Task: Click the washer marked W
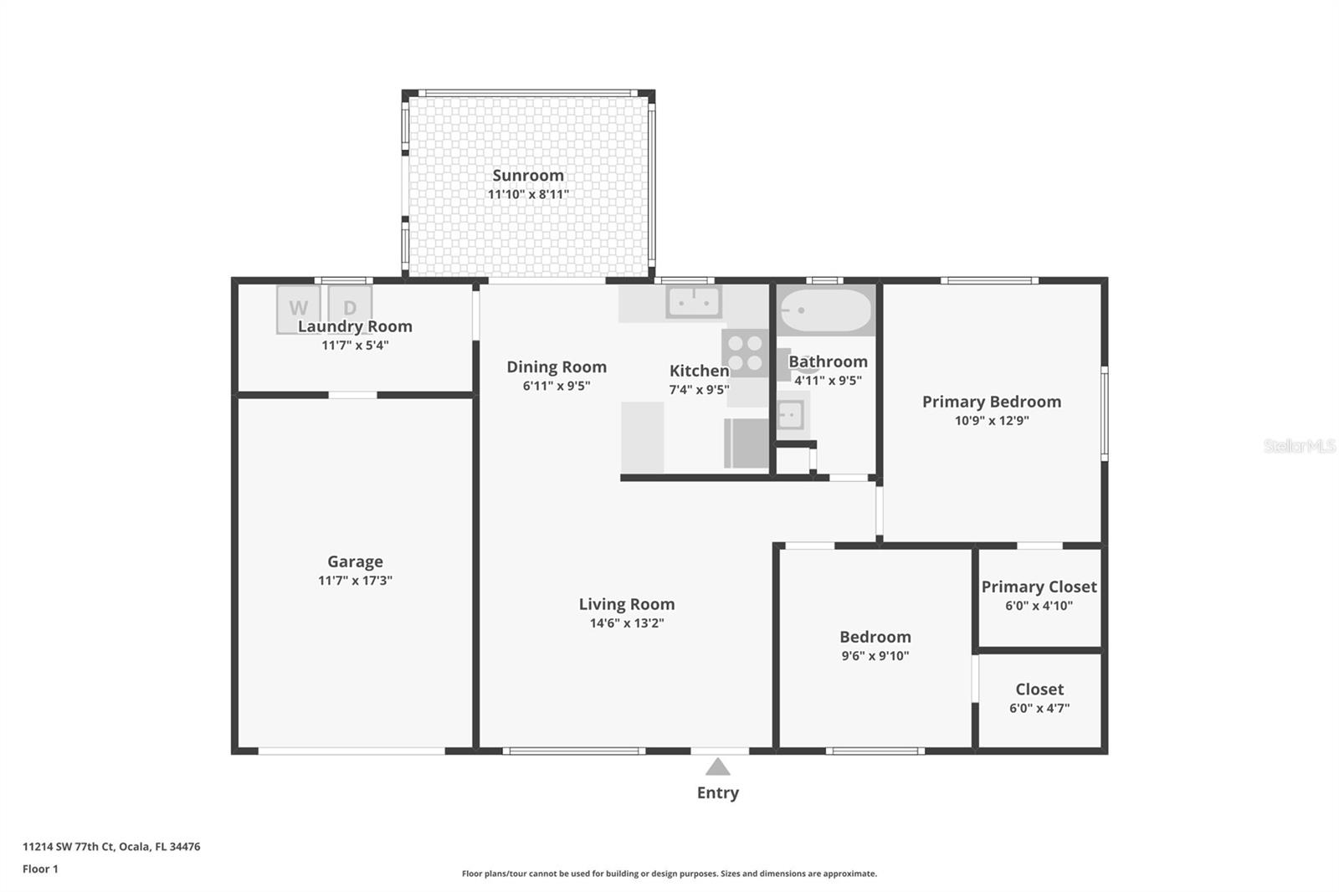[x=298, y=309]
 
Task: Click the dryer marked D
[x=351, y=307]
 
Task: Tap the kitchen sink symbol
[x=694, y=302]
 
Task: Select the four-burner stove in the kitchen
[x=745, y=353]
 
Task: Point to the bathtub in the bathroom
[x=825, y=310]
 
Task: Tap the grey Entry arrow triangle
[x=717, y=766]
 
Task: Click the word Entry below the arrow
[x=718, y=792]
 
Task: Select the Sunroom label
[x=528, y=175]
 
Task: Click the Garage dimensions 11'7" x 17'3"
[x=355, y=580]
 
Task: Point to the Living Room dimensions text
[x=627, y=623]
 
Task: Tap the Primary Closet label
[x=1039, y=587]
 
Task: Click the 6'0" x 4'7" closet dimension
[x=1039, y=708]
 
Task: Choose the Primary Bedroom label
[x=992, y=402]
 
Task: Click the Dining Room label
[x=557, y=367]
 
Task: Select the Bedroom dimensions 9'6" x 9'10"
[x=875, y=655]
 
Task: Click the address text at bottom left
[x=111, y=847]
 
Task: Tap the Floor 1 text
[x=40, y=869]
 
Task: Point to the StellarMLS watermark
[x=1300, y=445]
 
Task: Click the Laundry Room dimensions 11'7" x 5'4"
[x=355, y=345]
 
